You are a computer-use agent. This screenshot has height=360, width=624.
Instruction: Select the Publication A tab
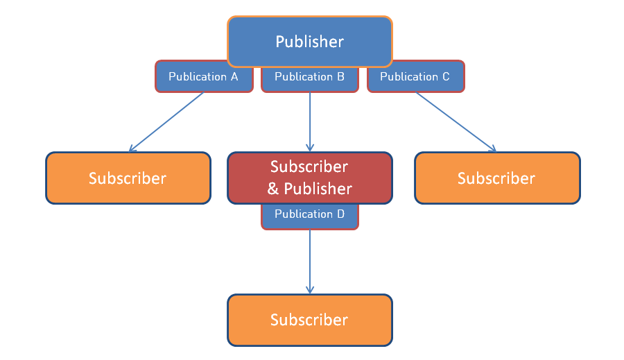[203, 77]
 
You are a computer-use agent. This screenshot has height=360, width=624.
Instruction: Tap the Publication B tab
[309, 77]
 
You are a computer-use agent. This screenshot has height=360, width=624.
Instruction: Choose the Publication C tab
[415, 77]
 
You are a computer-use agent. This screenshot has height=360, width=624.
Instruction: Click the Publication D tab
[309, 215]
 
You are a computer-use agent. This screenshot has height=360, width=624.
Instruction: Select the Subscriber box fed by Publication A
[128, 178]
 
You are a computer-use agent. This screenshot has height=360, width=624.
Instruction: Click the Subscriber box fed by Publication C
[496, 178]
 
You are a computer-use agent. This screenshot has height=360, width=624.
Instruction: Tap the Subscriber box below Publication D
[309, 320]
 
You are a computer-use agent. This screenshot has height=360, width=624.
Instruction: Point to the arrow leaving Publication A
[166, 122]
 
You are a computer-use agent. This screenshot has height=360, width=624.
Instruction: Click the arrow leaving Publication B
[310, 121]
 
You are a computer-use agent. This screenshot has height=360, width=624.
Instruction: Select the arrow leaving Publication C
[456, 122]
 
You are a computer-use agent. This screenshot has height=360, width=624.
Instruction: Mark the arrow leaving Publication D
[310, 260]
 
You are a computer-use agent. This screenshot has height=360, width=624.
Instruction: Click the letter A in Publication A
[234, 77]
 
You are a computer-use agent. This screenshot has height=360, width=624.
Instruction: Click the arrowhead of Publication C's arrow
[492, 149]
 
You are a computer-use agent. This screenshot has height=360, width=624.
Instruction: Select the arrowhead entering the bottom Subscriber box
[310, 290]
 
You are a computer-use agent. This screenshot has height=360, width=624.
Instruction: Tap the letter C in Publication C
[445, 77]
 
